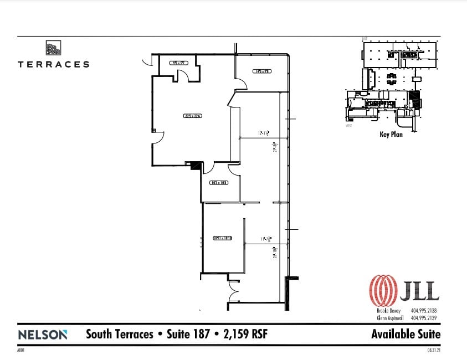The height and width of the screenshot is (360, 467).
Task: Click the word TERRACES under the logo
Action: pyautogui.click(x=53, y=64)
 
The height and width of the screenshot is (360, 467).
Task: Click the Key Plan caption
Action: pyautogui.click(x=391, y=134)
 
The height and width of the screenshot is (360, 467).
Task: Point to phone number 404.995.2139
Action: pyautogui.click(x=424, y=318)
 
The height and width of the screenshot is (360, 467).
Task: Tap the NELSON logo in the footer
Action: pyautogui.click(x=43, y=335)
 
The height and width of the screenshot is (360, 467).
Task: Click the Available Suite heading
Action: pyautogui.click(x=406, y=335)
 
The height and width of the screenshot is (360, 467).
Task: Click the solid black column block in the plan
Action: pyautogui.click(x=194, y=164)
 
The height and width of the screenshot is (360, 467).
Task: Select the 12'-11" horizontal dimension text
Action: pyautogui.click(x=263, y=133)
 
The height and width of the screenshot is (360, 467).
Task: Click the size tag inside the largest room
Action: pyautogui.click(x=192, y=116)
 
